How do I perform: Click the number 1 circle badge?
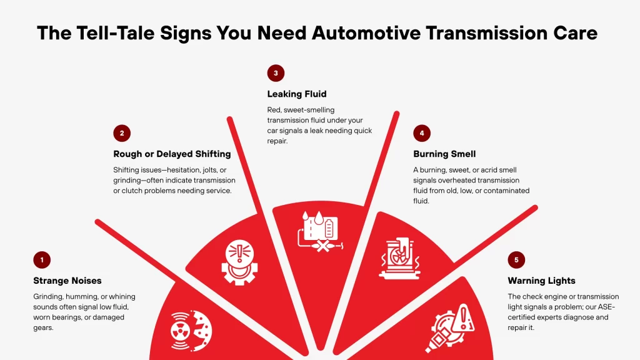point(42,260)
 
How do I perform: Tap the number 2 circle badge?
point(122,133)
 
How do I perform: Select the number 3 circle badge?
point(276,73)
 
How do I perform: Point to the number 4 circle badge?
point(422,133)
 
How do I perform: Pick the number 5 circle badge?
point(516,260)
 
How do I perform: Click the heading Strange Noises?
point(67,281)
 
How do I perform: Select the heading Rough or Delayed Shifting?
point(172,154)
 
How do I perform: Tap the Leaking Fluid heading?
point(297,94)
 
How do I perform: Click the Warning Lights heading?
point(541,281)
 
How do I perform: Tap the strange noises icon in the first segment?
point(191,329)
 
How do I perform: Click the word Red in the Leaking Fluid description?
point(275,109)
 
